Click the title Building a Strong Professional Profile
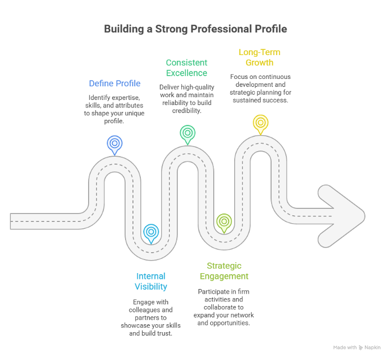[195, 29]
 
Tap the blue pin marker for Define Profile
[114, 143]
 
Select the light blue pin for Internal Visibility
[151, 232]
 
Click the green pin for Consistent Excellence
[187, 133]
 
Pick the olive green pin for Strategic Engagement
[224, 221]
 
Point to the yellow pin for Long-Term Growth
[260, 123]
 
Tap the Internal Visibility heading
[151, 282]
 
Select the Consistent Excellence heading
[186, 68]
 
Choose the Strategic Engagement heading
[224, 271]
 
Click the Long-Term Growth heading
[259, 57]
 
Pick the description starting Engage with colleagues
[151, 317]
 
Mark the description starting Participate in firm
[224, 307]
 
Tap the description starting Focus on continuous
[260, 88]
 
